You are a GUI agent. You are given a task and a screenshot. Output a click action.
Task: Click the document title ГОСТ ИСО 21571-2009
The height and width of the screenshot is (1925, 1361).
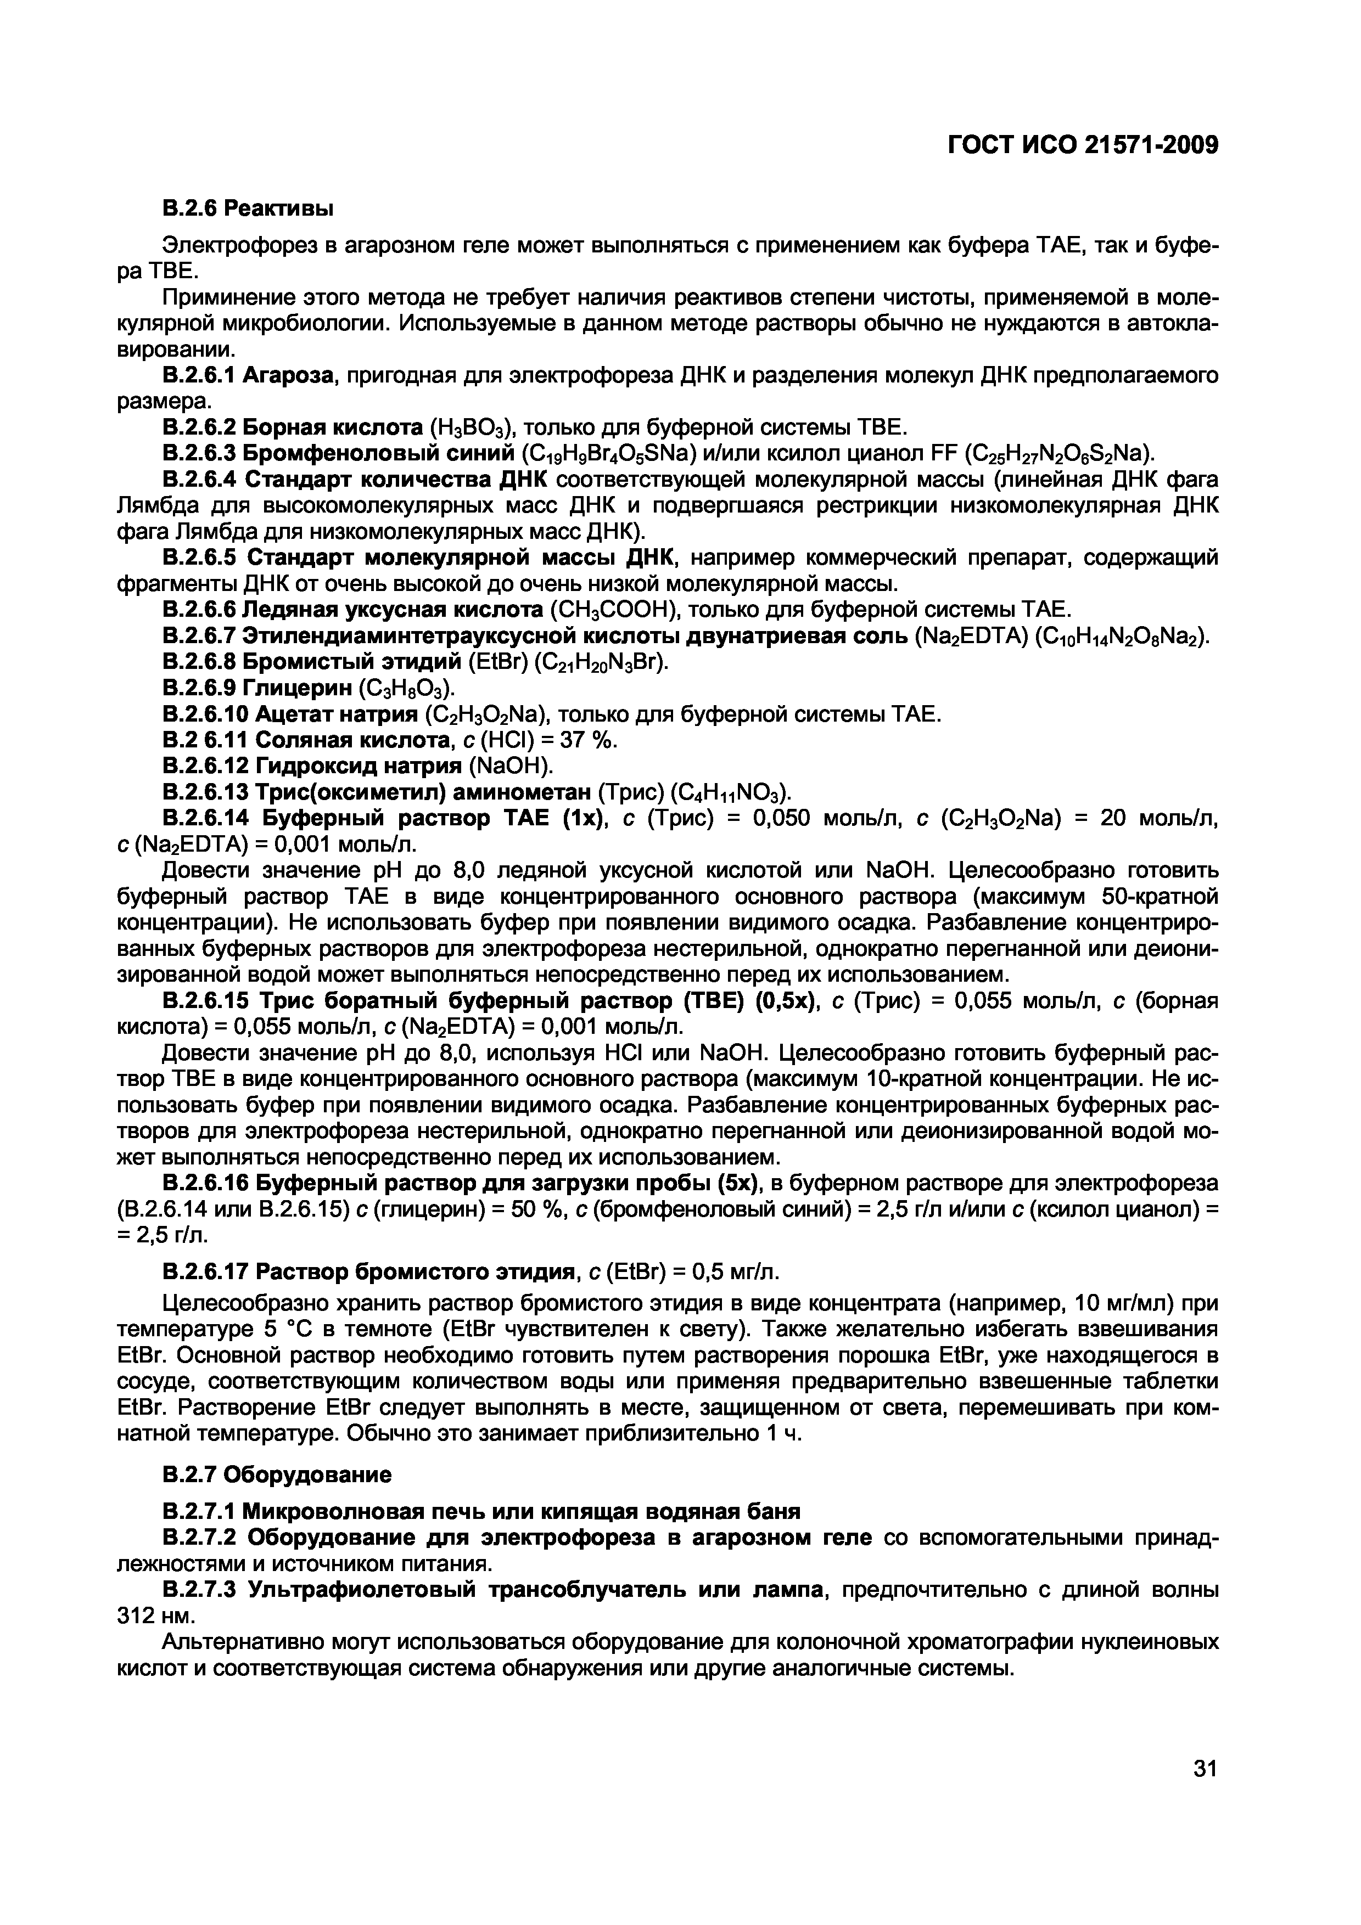click(x=1082, y=145)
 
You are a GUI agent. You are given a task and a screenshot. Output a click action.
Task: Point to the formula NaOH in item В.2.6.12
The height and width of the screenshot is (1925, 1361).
click(x=512, y=766)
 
